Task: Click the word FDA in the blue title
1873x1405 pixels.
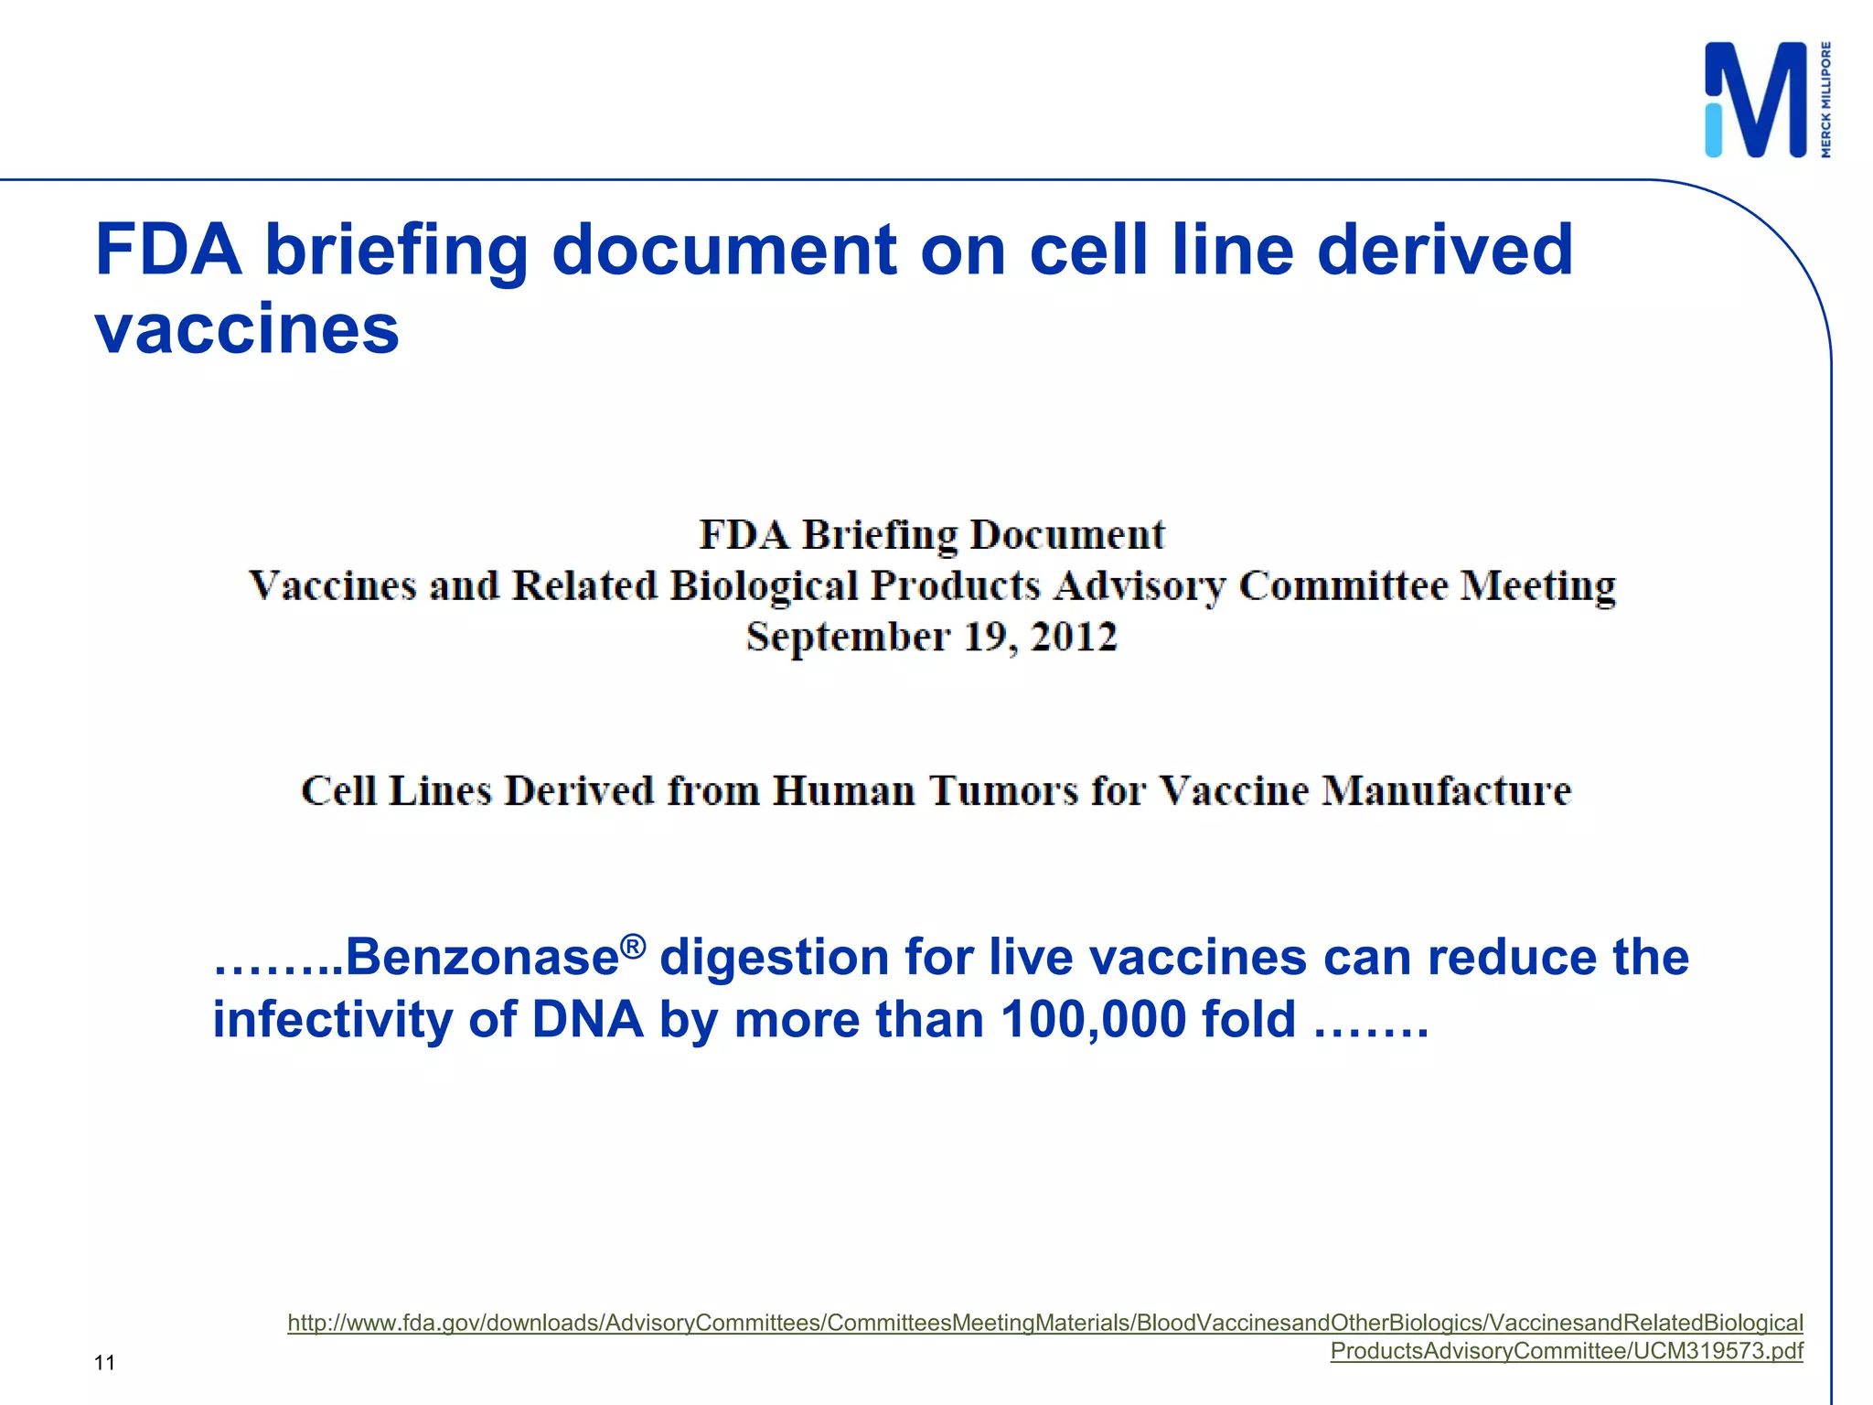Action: (x=169, y=249)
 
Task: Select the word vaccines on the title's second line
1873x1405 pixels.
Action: (x=247, y=329)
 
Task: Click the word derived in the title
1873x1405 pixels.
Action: (x=1445, y=249)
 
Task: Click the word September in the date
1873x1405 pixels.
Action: (x=848, y=637)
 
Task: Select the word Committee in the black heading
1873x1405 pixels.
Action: (x=1343, y=585)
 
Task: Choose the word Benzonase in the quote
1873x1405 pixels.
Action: (x=482, y=958)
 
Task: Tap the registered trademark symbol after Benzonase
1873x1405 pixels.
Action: (x=633, y=945)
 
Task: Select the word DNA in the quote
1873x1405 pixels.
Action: (x=587, y=1019)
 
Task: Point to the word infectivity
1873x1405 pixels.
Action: (x=333, y=1019)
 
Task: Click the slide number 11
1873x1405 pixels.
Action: (x=104, y=1363)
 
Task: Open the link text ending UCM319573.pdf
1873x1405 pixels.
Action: (x=1566, y=1351)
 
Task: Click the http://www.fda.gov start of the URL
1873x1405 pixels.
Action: (x=384, y=1323)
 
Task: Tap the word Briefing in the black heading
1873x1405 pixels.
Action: (x=879, y=534)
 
